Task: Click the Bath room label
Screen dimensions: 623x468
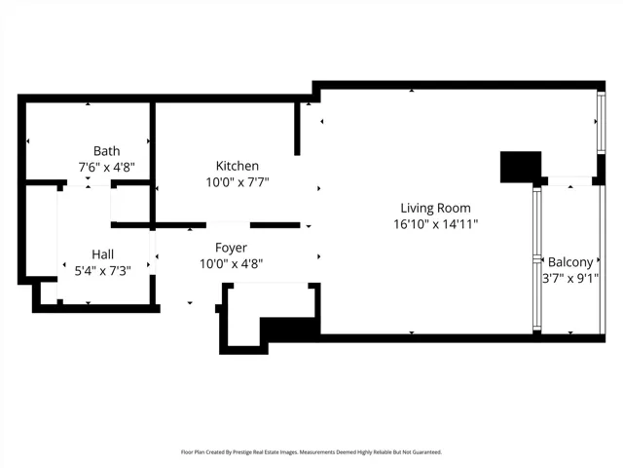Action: [106, 151]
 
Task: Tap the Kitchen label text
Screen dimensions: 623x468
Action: [238, 166]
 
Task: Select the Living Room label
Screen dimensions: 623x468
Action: [435, 208]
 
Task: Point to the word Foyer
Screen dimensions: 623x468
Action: [232, 248]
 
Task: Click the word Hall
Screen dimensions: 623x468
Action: [103, 254]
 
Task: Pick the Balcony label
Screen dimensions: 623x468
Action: [570, 262]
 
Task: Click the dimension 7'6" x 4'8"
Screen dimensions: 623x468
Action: [107, 167]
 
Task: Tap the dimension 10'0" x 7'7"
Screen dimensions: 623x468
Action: [238, 182]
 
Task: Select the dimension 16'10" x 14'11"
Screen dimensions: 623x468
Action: [435, 224]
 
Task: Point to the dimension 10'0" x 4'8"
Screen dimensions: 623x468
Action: [232, 264]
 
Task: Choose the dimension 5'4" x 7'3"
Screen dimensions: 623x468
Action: [103, 271]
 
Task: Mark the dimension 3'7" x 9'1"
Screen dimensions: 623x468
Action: [570, 278]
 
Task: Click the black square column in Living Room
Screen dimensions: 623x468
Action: [521, 167]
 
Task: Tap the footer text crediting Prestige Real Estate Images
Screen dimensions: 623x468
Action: [311, 452]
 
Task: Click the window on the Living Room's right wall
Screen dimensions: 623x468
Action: [602, 122]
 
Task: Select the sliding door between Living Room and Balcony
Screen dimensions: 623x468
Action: [536, 259]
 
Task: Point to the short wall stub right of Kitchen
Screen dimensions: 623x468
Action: [297, 129]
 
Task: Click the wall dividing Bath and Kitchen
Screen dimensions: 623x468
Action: [152, 163]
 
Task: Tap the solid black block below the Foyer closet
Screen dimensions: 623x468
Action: [290, 329]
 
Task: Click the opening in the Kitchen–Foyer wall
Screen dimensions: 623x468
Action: [228, 225]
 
